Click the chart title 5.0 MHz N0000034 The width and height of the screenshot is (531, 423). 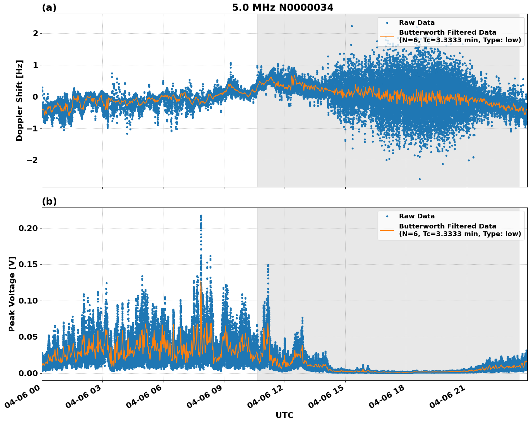[282, 8]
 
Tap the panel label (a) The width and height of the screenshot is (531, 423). [49, 8]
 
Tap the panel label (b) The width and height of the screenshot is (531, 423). [49, 201]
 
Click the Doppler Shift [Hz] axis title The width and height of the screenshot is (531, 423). [19, 100]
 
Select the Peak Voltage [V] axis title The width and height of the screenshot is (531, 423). [12, 294]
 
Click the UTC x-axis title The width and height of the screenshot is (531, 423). [284, 415]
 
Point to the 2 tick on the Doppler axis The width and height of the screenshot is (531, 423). [35, 33]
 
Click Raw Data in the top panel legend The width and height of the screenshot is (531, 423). [417, 23]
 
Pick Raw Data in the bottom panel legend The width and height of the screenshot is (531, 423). [417, 216]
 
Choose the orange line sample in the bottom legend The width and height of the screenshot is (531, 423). [387, 230]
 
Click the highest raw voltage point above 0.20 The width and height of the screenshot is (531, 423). [201, 216]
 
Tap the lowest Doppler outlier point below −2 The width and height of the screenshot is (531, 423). [419, 179]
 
